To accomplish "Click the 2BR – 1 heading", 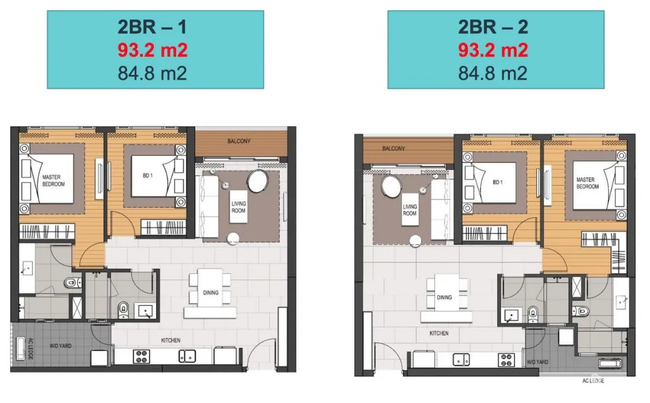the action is pyautogui.click(x=152, y=27).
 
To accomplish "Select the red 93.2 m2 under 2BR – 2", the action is pyautogui.click(x=493, y=50).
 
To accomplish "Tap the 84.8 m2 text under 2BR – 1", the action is pyautogui.click(x=152, y=73).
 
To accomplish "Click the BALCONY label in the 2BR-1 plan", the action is pyautogui.click(x=239, y=141).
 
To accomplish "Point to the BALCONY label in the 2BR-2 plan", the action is pyautogui.click(x=394, y=148).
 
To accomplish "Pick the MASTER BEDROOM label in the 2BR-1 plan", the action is pyautogui.click(x=53, y=180).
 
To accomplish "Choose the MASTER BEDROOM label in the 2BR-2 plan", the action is pyautogui.click(x=587, y=183).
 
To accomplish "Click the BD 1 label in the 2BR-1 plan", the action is pyautogui.click(x=148, y=175).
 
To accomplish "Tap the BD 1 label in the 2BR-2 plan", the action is pyautogui.click(x=498, y=182).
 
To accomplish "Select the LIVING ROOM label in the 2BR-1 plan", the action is pyautogui.click(x=238, y=207).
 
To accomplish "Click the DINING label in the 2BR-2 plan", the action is pyautogui.click(x=444, y=297).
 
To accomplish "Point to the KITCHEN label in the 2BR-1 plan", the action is pyautogui.click(x=171, y=340).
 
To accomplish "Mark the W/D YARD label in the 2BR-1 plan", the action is pyautogui.click(x=60, y=346).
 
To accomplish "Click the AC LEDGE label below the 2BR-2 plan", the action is pyautogui.click(x=593, y=381).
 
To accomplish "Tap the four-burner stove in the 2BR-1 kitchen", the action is pyautogui.click(x=141, y=356).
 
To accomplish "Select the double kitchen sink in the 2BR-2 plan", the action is pyautogui.click(x=461, y=359).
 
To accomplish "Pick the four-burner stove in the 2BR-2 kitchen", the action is pyautogui.click(x=506, y=360).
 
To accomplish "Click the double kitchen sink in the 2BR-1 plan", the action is pyautogui.click(x=187, y=356).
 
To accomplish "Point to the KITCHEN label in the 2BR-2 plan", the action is pyautogui.click(x=439, y=333).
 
